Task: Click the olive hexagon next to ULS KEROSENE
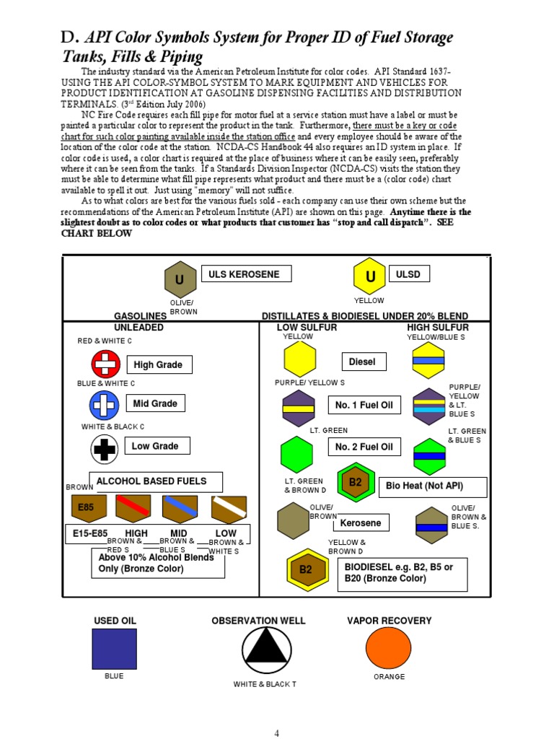pos(180,280)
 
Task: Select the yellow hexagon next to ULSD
pos(370,277)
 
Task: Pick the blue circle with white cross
pos(105,406)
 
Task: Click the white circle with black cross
pos(105,449)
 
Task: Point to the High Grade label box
pos(159,365)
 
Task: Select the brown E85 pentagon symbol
pos(87,508)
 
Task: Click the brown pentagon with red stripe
pos(133,508)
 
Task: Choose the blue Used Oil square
pos(114,649)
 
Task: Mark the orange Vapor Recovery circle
pos(388,649)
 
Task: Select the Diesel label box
pos(363,362)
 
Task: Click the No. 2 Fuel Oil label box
pos(364,447)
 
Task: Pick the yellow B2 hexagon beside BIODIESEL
pos(307,569)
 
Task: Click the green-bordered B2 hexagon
pos(356,483)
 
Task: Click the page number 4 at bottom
pos(277,733)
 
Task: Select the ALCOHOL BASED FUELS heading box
pos(156,481)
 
